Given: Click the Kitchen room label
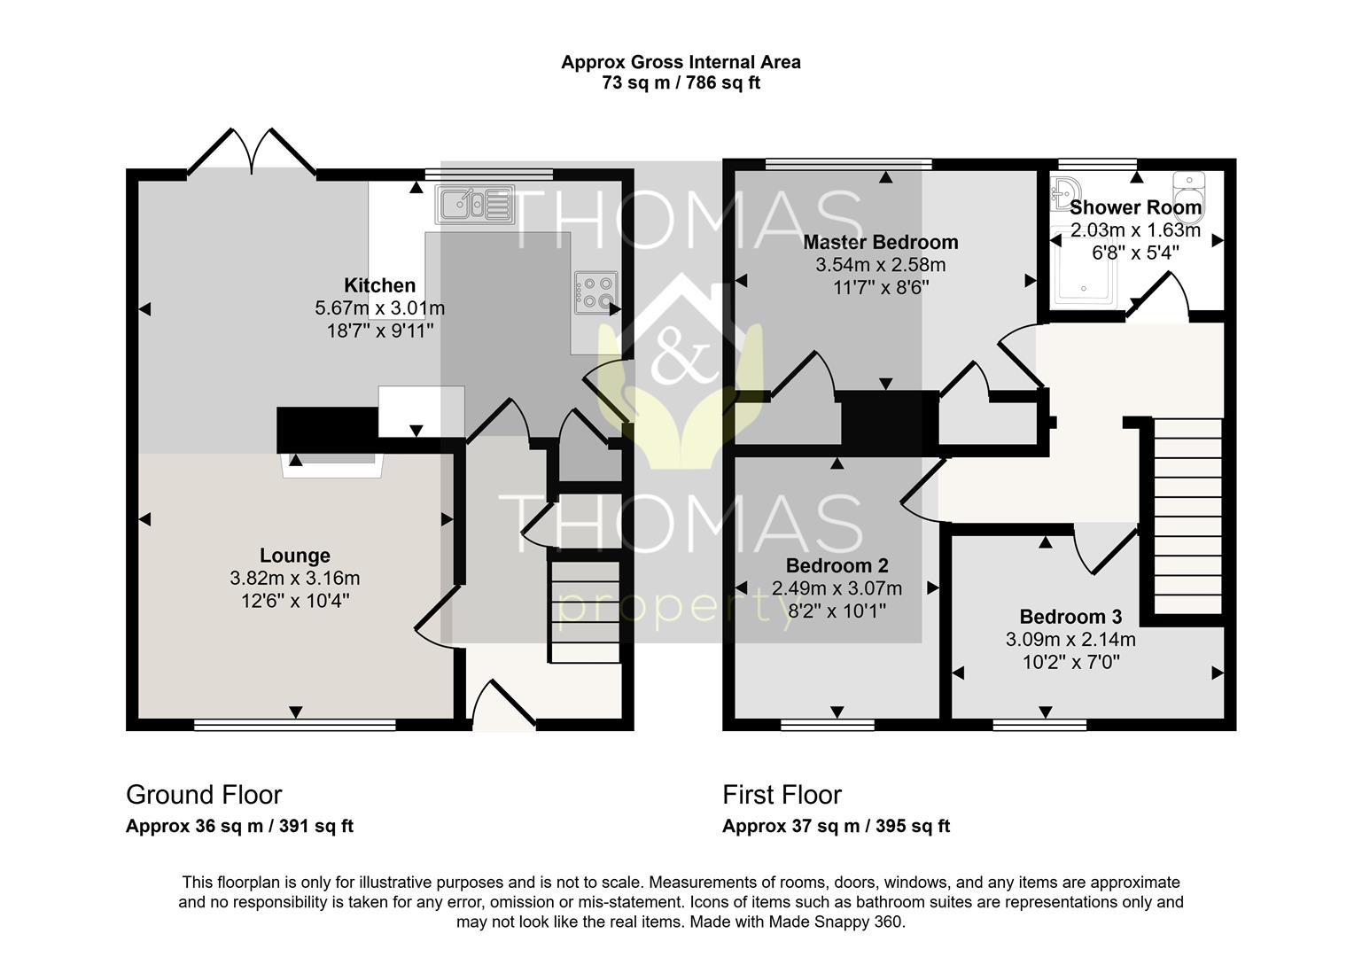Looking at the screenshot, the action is pyautogui.click(x=379, y=285).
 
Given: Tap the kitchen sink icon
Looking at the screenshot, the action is pyautogui.click(x=475, y=205).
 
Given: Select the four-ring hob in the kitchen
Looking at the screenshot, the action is pyautogui.click(x=595, y=293).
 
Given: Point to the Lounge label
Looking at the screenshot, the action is pyautogui.click(x=295, y=555).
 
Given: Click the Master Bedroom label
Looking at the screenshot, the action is pyautogui.click(x=881, y=242).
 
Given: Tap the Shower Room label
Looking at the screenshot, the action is pyautogui.click(x=1135, y=207).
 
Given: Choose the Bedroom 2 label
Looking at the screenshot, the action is pyautogui.click(x=837, y=565).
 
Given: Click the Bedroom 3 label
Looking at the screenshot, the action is pyautogui.click(x=1070, y=617).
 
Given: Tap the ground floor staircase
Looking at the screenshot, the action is pyautogui.click(x=585, y=611).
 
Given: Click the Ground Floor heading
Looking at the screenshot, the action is pyautogui.click(x=204, y=795).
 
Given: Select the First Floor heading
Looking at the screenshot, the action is pyautogui.click(x=782, y=795).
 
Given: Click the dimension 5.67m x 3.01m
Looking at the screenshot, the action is pyautogui.click(x=379, y=308).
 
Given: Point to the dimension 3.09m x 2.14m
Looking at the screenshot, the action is pyautogui.click(x=1070, y=639).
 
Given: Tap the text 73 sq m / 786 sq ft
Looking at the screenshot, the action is pyautogui.click(x=681, y=82).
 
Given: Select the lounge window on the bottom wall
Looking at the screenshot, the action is pyautogui.click(x=295, y=724).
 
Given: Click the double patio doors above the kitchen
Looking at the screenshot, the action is pyautogui.click(x=251, y=152).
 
